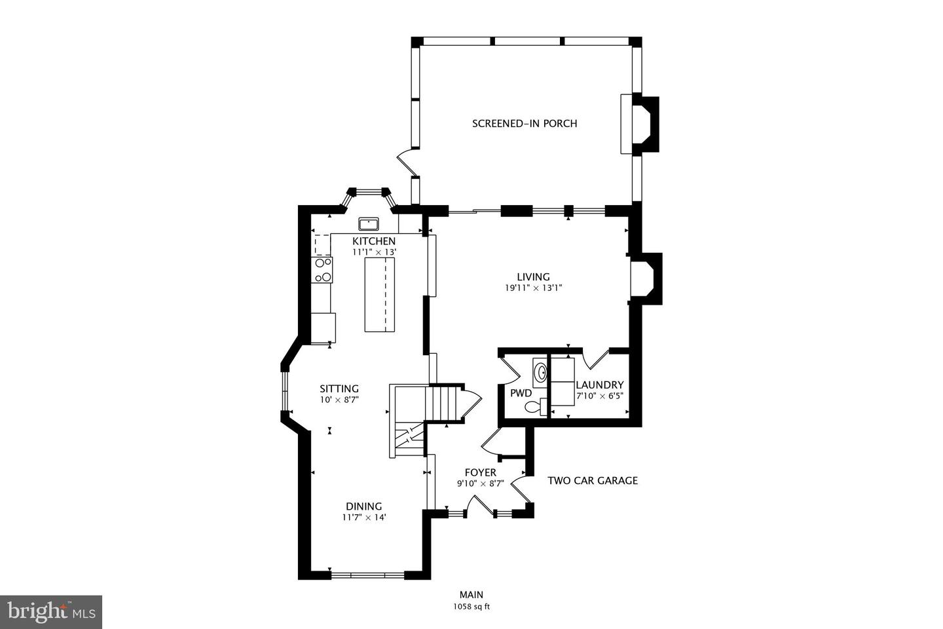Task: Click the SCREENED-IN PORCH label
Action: (525, 123)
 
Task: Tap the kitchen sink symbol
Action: (369, 223)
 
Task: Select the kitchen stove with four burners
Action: (323, 270)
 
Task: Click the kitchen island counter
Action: (380, 295)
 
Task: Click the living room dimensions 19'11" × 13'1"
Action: (534, 288)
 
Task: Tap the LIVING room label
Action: (533, 276)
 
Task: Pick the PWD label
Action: (521, 393)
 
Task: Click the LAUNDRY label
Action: (599, 385)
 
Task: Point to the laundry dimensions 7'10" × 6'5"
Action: (599, 396)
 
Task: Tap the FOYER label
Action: (480, 472)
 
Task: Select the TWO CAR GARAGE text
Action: (592, 480)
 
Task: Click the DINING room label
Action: (363, 506)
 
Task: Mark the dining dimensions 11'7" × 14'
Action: (363, 517)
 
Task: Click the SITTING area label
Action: (339, 389)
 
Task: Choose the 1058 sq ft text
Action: (471, 607)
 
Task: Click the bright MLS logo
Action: (51, 612)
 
